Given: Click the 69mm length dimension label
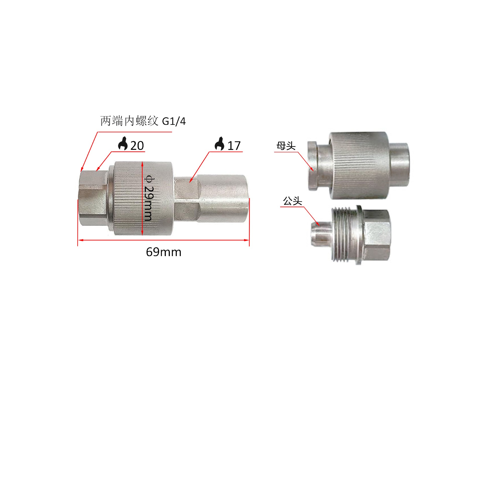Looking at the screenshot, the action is pyautogui.click(x=163, y=252).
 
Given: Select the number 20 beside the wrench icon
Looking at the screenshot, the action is pyautogui.click(x=137, y=146).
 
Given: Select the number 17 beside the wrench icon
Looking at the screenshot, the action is pyautogui.click(x=234, y=146).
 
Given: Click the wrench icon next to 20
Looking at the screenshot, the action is pyautogui.click(x=123, y=144).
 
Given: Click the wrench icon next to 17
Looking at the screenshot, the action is pyautogui.click(x=219, y=144).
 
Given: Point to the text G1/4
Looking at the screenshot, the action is pyautogui.click(x=174, y=122).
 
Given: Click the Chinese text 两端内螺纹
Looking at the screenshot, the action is pyautogui.click(x=129, y=121).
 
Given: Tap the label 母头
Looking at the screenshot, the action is pyautogui.click(x=286, y=146).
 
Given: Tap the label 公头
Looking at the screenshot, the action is pyautogui.click(x=292, y=201).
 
